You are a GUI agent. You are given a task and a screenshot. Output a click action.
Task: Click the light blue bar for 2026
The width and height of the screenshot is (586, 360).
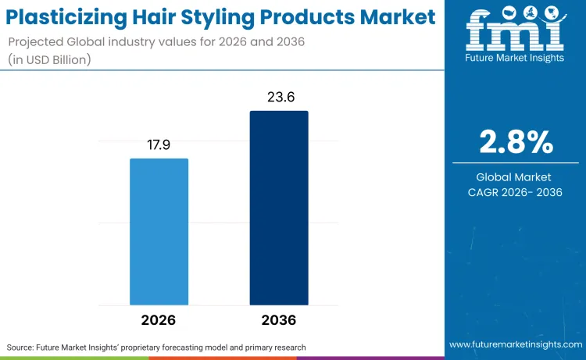point(159,231)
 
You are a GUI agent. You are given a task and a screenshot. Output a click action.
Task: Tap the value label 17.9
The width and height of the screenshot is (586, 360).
point(159,146)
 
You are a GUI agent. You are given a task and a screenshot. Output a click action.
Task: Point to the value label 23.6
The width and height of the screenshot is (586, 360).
point(279,98)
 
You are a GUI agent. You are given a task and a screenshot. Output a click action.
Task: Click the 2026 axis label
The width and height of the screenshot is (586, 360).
point(159,320)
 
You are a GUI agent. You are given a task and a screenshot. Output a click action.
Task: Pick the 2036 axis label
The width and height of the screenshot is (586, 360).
point(279,320)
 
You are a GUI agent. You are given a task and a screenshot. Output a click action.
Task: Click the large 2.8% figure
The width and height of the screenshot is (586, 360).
point(516,143)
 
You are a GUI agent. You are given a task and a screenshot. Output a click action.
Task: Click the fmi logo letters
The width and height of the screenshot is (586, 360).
point(515,30)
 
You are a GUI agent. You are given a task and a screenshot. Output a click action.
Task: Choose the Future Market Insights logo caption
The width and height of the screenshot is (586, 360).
point(515,58)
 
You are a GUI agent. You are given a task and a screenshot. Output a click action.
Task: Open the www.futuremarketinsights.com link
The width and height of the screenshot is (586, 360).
point(515,344)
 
